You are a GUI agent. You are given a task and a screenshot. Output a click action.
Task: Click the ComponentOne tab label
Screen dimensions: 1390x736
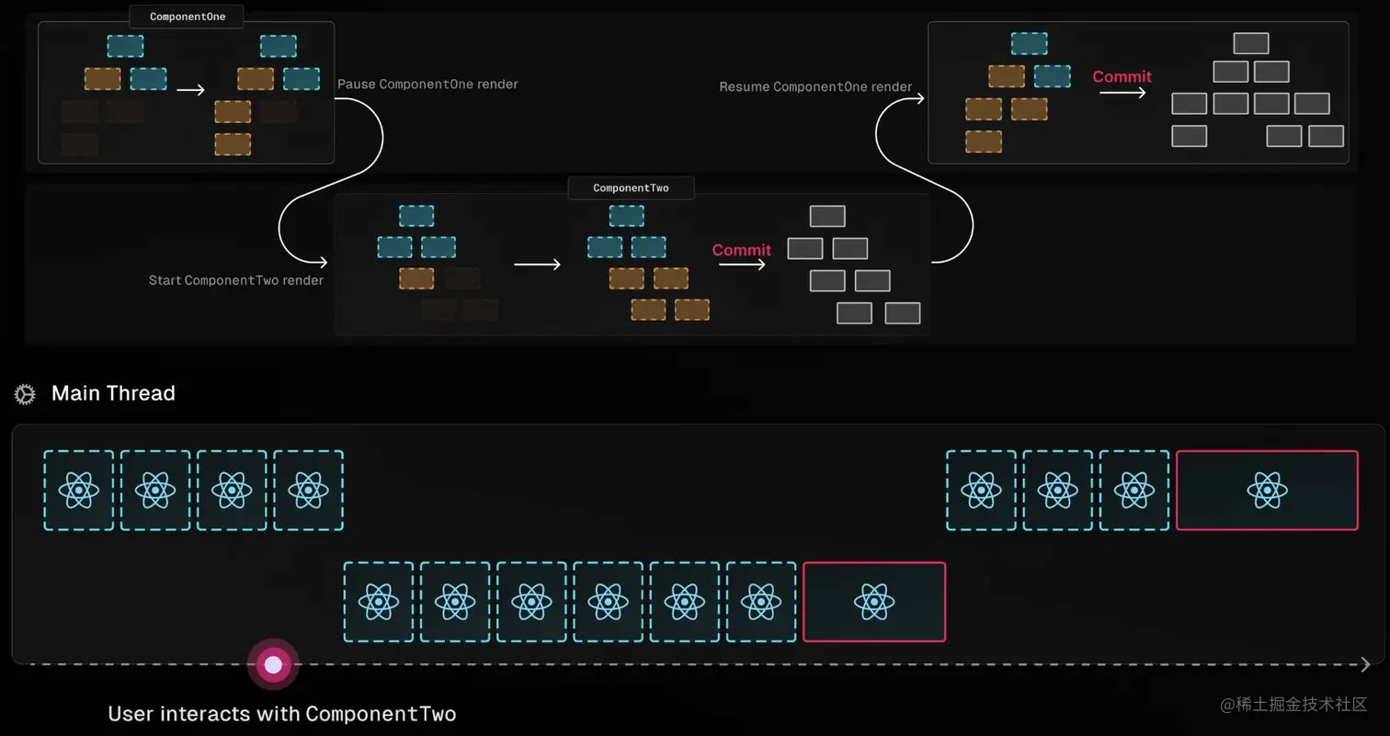(188, 17)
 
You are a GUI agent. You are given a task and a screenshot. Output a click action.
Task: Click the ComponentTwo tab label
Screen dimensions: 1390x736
(631, 188)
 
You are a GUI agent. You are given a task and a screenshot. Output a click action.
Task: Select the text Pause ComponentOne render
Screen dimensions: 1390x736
(427, 85)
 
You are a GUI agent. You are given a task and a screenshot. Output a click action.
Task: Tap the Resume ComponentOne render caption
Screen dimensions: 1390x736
(815, 87)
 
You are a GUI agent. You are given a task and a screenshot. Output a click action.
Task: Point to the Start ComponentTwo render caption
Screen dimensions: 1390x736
(236, 280)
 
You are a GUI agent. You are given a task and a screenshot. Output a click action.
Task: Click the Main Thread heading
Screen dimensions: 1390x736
(113, 393)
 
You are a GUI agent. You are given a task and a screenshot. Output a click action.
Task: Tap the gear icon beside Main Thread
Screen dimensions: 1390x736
(25, 394)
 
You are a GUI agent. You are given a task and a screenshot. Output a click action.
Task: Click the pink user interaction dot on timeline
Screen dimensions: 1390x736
(273, 663)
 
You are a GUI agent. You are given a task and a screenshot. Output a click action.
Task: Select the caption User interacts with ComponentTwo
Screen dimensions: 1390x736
(282, 714)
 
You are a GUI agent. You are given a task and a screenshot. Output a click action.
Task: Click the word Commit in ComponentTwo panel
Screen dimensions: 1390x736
(741, 250)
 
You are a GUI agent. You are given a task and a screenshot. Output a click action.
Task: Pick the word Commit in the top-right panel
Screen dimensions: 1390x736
(1122, 77)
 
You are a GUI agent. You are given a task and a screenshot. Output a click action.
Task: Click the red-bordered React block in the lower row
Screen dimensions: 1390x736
(873, 602)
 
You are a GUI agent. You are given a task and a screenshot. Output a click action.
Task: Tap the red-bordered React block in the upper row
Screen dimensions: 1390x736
(1267, 490)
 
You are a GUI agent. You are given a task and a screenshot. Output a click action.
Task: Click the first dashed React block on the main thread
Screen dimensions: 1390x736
(79, 490)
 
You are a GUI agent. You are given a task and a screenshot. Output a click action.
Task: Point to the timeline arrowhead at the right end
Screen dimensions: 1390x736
(1366, 664)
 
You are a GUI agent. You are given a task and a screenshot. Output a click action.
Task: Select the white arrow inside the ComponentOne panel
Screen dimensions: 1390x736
(190, 90)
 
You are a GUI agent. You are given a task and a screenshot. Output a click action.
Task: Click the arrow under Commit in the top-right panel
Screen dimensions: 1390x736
(1122, 93)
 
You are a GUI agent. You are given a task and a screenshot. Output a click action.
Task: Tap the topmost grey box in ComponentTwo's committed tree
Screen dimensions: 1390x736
(827, 217)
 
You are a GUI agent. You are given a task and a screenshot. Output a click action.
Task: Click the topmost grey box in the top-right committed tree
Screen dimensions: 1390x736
(1251, 43)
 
